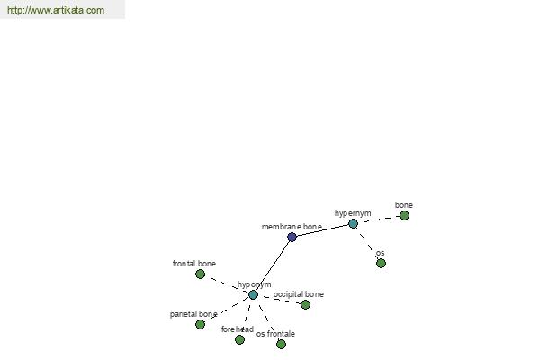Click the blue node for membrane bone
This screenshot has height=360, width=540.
coord(292,237)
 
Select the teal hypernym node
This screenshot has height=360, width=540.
coord(353,224)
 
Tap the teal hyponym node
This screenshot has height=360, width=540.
coord(253,295)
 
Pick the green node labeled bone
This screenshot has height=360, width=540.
coord(404,216)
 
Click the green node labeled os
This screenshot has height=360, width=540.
coord(381,263)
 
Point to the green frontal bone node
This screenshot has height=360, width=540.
coord(200,274)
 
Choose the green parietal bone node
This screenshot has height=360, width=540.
coord(200,324)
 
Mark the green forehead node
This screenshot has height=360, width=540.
coord(239,339)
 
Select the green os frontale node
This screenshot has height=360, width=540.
coord(281,344)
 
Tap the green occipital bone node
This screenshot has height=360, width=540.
coord(305,304)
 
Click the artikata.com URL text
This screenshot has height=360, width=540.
coord(56,10)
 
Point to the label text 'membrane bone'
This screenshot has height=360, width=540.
coord(292,227)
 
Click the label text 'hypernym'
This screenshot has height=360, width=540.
coord(353,213)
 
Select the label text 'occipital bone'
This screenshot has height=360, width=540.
coord(299,294)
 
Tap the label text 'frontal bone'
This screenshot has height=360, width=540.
coord(194,264)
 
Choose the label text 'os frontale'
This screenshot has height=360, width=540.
coord(275,334)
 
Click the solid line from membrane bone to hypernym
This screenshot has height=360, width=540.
coord(322,230)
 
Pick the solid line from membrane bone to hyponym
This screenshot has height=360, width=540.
coord(273,266)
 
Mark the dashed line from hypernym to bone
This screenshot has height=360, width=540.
coord(379,220)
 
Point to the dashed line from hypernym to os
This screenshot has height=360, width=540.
coord(367,243)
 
